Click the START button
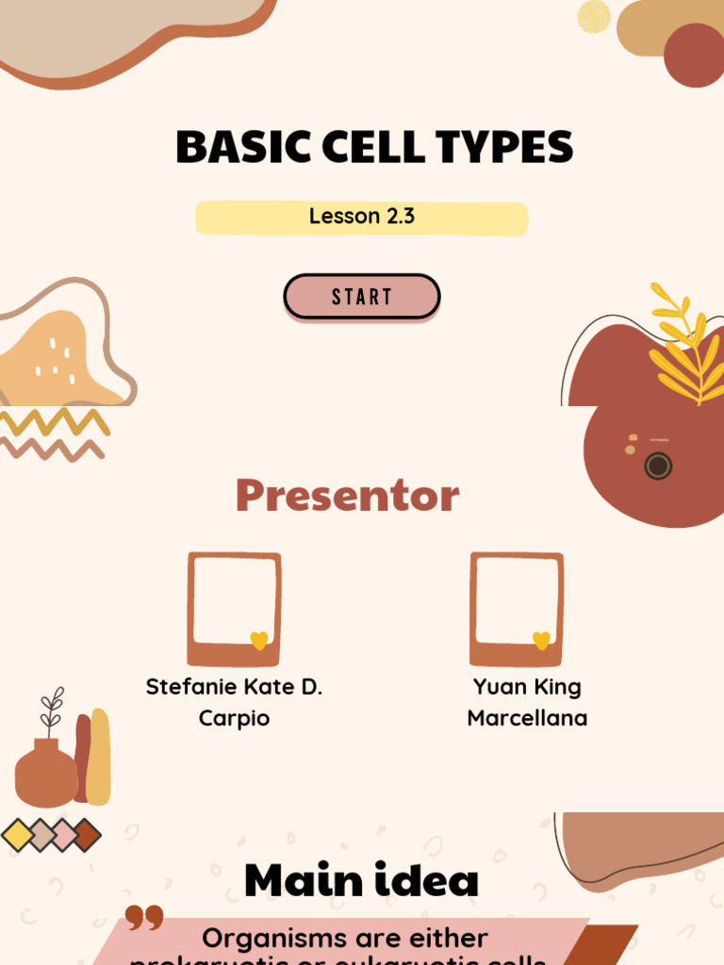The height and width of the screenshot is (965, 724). coord(362,297)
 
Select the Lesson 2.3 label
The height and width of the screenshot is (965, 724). coord(362,216)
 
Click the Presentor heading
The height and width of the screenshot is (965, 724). coord(347,495)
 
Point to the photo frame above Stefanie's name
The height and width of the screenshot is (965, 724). coord(234,608)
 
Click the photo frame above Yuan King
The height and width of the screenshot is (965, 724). coord(517,608)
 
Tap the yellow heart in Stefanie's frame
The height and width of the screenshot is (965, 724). coord(259,641)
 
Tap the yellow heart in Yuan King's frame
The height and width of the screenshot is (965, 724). coord(541,641)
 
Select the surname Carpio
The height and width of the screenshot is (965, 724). coord(234,718)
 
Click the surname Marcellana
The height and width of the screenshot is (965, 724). coord(527,718)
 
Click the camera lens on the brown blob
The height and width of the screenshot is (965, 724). coord(658,466)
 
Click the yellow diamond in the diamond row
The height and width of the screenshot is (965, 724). coord(18,835)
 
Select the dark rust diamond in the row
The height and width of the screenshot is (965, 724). coord(87,835)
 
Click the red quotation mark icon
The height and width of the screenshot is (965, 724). coord(144,918)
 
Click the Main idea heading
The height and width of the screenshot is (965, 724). coord(361,880)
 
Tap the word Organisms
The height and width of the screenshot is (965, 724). coord(273,939)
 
